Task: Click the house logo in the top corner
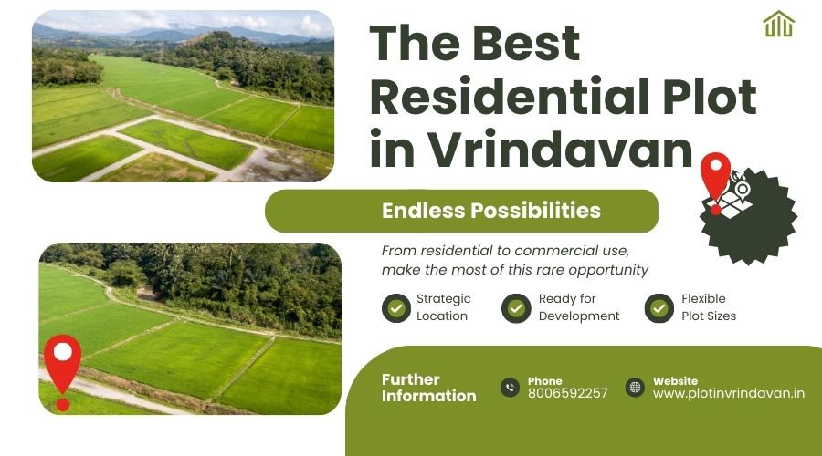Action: tap(778, 25)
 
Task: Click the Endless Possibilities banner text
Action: tap(490, 211)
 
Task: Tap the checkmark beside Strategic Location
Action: tap(396, 308)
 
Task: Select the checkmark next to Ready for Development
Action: tap(516, 308)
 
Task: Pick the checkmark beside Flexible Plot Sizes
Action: tap(659, 308)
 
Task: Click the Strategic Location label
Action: tap(443, 307)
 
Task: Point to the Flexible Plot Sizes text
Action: tap(708, 307)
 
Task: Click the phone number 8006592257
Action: tap(567, 393)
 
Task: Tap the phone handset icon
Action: tap(510, 388)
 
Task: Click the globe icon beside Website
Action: tap(635, 388)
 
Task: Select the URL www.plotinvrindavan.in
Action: tap(728, 393)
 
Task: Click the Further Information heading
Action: tap(428, 388)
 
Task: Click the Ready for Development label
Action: tap(578, 307)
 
